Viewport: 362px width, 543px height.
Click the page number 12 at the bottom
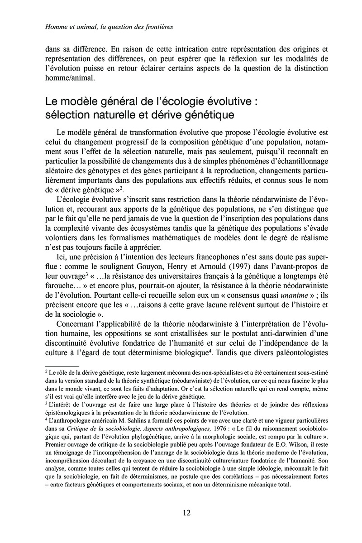point(186,513)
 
